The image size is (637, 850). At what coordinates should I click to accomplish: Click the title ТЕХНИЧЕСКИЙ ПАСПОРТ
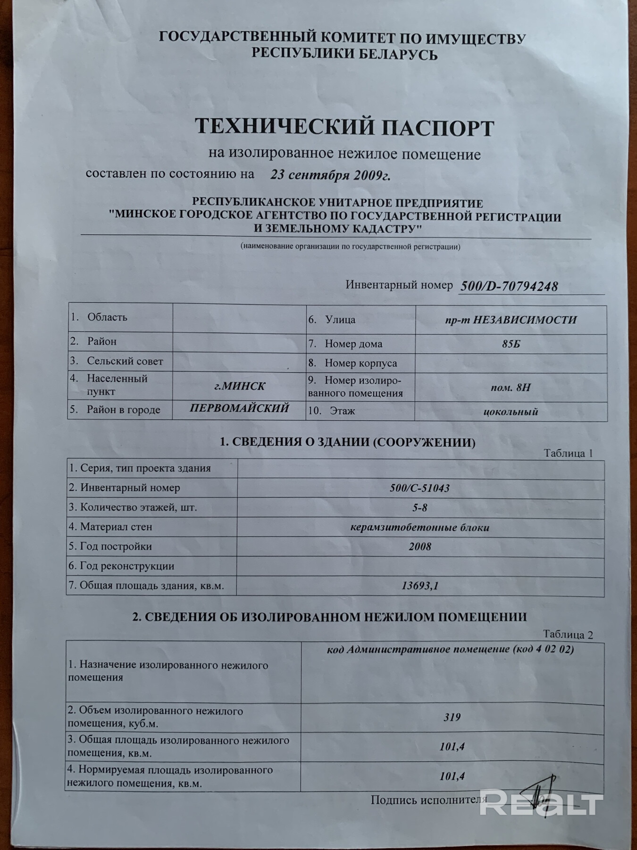pos(344,128)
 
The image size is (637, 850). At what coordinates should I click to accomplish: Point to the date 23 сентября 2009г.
pos(330,175)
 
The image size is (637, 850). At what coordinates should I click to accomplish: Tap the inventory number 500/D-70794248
pos(508,286)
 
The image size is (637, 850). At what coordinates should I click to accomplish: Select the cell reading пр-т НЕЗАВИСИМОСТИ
pos(511,320)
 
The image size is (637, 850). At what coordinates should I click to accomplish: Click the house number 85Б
pos(511,344)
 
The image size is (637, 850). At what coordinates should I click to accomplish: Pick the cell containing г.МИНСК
pos(239,386)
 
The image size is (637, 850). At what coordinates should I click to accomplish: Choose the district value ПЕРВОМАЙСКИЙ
pos(239,408)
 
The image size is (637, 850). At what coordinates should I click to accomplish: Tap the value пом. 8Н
pos(511,388)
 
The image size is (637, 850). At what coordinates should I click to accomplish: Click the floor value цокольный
pos(511,412)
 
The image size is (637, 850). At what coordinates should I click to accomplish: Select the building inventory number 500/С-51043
pos(419,488)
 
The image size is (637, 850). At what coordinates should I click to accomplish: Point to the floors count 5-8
pos(419,508)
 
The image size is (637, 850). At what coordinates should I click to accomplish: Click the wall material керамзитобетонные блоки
pos(419,527)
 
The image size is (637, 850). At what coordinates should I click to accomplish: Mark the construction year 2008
pos(419,547)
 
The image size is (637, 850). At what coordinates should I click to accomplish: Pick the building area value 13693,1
pos(419,586)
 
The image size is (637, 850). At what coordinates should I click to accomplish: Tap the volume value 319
pos(452,717)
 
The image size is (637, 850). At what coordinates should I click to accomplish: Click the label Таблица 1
pos(568,453)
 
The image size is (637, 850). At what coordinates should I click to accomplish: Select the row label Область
pos(107,317)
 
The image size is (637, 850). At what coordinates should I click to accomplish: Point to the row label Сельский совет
pos(125,361)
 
